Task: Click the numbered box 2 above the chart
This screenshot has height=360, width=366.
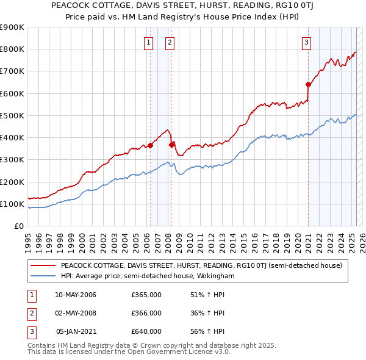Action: pyautogui.click(x=170, y=42)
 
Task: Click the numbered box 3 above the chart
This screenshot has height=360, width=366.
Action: pyautogui.click(x=306, y=42)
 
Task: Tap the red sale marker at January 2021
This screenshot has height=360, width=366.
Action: pyautogui.click(x=308, y=84)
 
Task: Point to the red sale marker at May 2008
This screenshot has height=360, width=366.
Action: pyautogui.click(x=171, y=145)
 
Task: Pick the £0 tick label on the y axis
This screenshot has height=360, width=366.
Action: pyautogui.click(x=18, y=226)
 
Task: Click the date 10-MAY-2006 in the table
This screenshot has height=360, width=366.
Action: pyautogui.click(x=76, y=295)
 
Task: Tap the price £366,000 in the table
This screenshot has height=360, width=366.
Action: pyautogui.click(x=146, y=313)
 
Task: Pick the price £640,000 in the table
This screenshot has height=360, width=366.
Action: pyautogui.click(x=146, y=331)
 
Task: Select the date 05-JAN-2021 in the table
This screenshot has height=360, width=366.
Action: pyautogui.click(x=76, y=331)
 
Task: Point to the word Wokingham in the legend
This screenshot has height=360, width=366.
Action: pyautogui.click(x=215, y=276)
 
